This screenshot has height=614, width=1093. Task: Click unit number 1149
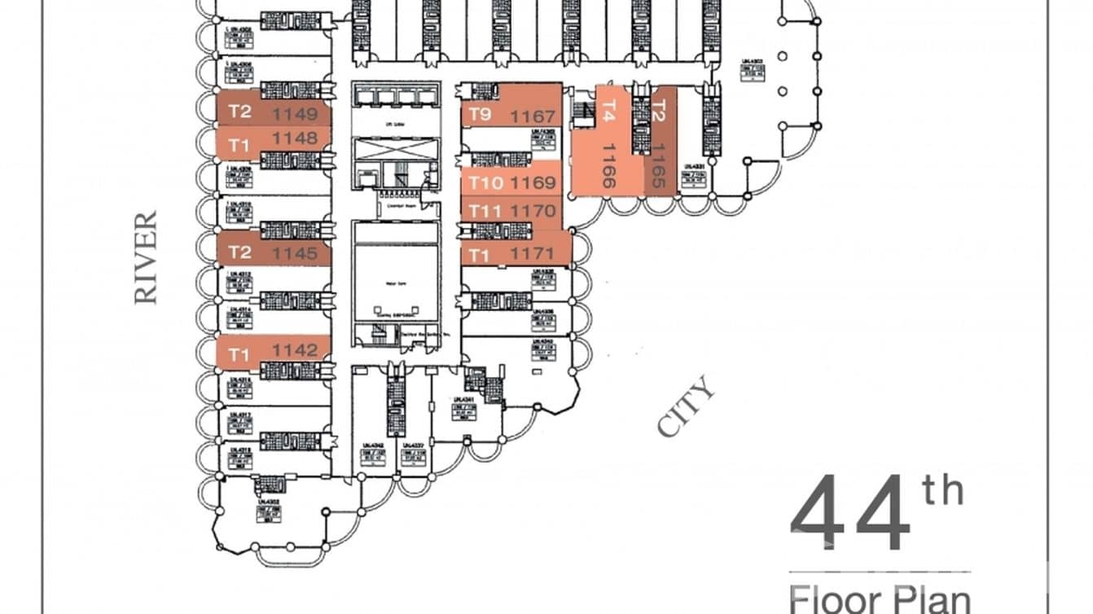coord(296,114)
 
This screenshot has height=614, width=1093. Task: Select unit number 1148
coord(295,139)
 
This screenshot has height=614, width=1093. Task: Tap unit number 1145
coord(295,254)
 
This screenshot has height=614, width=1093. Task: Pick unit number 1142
coord(295,350)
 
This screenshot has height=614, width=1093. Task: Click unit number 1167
coord(533,117)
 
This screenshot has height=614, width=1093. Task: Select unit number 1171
coord(533,255)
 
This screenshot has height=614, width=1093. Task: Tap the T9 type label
coord(480,115)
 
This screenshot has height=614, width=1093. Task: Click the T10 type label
coord(485,182)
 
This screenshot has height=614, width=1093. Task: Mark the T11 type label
coord(485,212)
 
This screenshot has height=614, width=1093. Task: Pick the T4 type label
coord(608,109)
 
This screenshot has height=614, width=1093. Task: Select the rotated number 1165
coord(660,166)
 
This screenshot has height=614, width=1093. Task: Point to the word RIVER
coord(146,257)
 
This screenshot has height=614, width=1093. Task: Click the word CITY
coord(687,406)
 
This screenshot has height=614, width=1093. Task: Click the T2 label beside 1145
coord(239,252)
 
